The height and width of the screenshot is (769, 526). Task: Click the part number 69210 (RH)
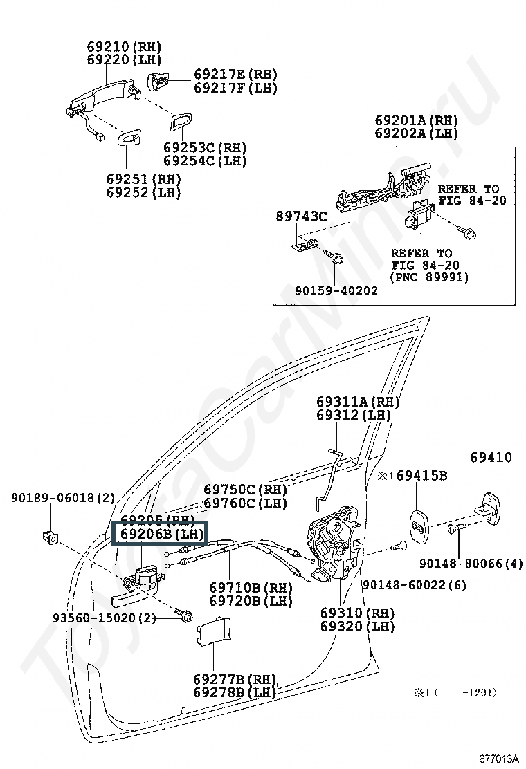[x=124, y=47]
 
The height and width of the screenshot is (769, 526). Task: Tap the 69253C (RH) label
[x=205, y=148]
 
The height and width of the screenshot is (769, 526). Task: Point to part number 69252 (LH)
[x=143, y=192]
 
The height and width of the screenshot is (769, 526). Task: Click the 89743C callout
[x=302, y=216]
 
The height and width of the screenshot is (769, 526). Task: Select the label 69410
[x=491, y=457]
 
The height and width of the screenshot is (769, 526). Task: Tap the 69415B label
[x=421, y=476]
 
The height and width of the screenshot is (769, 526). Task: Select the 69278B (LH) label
[x=234, y=692]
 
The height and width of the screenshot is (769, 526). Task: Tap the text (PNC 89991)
[x=430, y=277]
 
